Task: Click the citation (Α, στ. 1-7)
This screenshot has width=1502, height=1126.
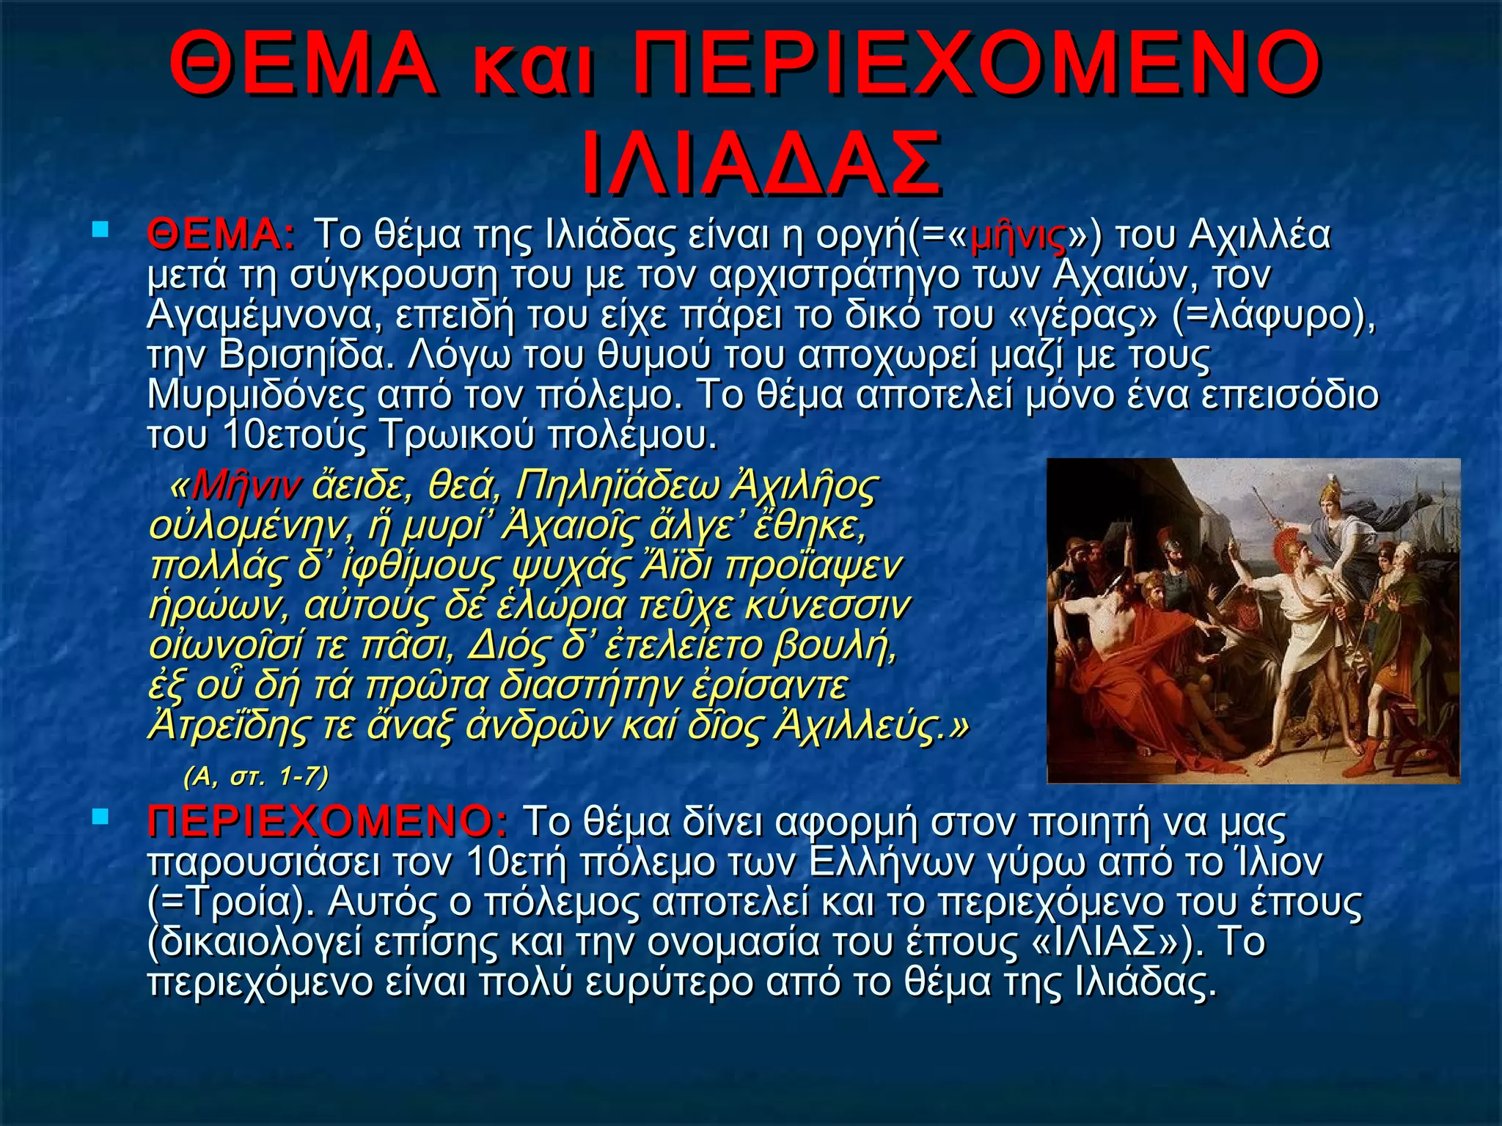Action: [256, 776]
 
